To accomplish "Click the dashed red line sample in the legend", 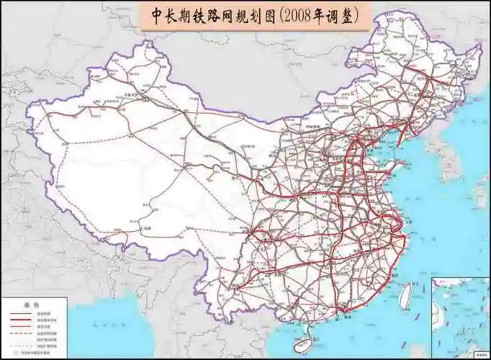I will pyautogui.click(x=22, y=333).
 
